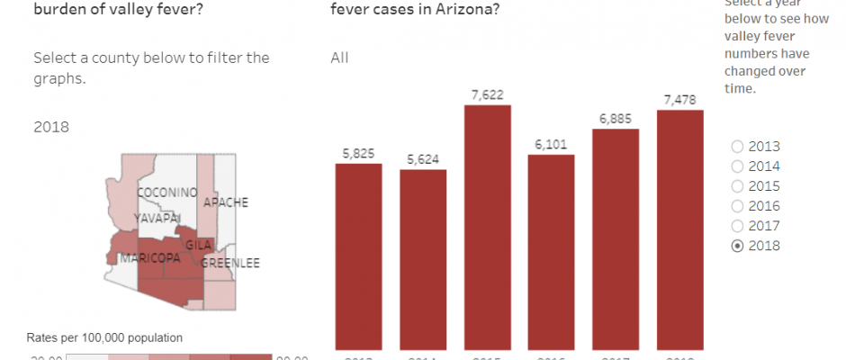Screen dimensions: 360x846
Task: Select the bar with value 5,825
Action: tap(358, 256)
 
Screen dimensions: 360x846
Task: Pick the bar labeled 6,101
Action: tap(551, 252)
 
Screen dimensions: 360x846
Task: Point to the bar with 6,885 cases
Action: tap(616, 238)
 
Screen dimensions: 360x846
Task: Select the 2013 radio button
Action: tap(739, 147)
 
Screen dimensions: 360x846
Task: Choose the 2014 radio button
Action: tap(739, 166)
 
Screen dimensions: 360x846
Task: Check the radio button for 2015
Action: tap(739, 186)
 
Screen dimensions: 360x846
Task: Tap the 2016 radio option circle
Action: tap(739, 206)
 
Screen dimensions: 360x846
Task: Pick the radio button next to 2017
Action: tap(739, 226)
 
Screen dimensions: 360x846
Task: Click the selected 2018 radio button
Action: tap(739, 246)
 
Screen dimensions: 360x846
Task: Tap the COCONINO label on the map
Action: tap(166, 193)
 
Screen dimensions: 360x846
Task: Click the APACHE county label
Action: tap(225, 202)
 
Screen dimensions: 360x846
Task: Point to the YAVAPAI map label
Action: tap(157, 219)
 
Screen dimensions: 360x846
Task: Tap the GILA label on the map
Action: tap(198, 245)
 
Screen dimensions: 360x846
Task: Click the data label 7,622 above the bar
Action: tap(488, 94)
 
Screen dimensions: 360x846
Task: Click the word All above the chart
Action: tap(339, 58)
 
